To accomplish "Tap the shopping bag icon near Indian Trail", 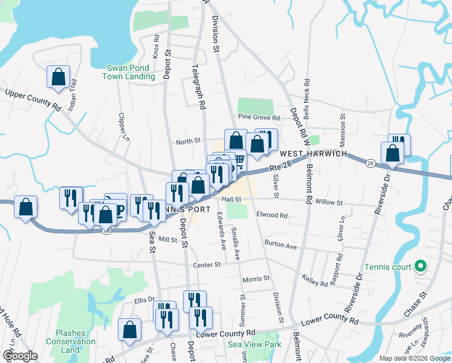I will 58,77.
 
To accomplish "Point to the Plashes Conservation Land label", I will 75,341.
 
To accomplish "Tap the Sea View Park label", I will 254,344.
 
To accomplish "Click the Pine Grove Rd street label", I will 259,117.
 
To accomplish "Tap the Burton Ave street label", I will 280,246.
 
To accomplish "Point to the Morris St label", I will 255,279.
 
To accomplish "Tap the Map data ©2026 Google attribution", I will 414,358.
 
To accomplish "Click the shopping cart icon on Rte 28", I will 239,162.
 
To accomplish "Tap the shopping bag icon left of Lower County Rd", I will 129,330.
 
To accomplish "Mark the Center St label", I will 205,265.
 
